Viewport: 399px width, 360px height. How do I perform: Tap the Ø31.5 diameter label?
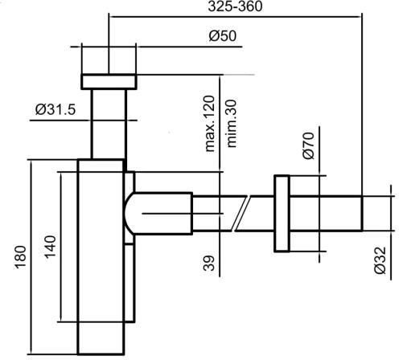(55, 110)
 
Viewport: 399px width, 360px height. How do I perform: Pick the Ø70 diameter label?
(307, 148)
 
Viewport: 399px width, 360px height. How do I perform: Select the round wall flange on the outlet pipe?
(282, 215)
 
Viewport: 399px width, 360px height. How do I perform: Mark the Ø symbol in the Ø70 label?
(307, 157)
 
